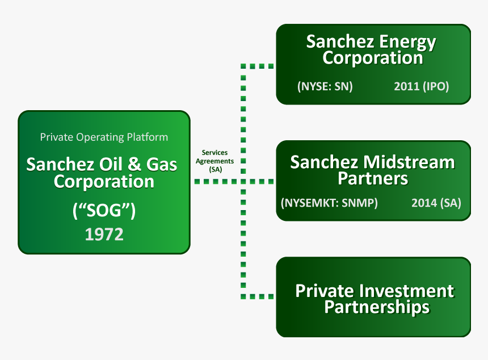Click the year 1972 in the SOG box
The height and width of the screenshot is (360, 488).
point(104,234)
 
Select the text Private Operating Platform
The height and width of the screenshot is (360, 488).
point(104,137)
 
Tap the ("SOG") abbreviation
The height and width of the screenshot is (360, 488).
point(104,210)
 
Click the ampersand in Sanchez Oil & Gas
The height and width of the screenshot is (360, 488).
point(134,164)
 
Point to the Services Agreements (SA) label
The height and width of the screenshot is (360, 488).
point(214,161)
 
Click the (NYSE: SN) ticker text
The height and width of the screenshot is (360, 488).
point(325,86)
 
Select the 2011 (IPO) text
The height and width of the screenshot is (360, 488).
point(422,86)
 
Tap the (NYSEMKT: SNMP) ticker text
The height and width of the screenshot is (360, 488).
point(329,203)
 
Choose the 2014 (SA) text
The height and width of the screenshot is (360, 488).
point(436,203)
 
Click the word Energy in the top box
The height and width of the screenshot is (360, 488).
point(407,43)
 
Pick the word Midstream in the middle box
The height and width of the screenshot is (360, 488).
point(409,162)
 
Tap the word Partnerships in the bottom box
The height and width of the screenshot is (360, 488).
point(377,307)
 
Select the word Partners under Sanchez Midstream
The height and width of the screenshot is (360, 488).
point(373,178)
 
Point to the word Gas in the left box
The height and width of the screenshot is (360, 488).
point(162,164)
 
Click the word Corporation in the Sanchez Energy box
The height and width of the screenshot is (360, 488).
point(373,58)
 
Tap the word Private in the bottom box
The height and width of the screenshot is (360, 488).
point(325,291)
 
